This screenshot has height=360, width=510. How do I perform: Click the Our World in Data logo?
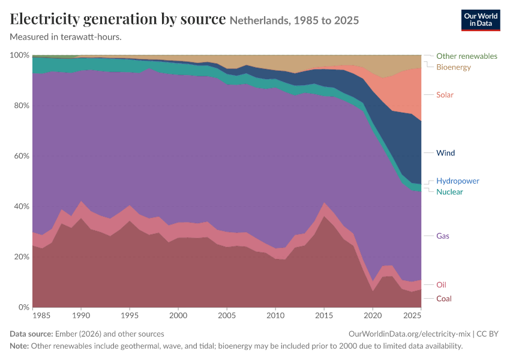coord(481,20)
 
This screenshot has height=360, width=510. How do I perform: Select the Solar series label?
coord(445,95)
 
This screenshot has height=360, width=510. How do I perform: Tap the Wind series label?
coord(445,153)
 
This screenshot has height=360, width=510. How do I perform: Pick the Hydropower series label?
coord(458,181)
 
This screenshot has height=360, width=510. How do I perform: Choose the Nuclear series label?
coord(449,192)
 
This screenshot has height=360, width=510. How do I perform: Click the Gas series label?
coord(443,236)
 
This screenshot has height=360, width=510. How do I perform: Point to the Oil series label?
coord(441,285)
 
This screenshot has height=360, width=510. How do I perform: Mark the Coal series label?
coord(443,299)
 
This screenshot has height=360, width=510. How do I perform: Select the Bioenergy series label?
coord(454,67)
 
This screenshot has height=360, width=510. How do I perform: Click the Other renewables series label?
coord(467,56)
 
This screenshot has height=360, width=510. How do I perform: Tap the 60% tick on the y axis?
coord(22,156)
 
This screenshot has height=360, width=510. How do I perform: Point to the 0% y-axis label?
coord(24,307)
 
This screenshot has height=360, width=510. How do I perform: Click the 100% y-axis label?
coord(20,55)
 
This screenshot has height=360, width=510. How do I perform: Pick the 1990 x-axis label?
coord(81,315)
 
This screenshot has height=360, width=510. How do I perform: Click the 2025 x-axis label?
coord(412,315)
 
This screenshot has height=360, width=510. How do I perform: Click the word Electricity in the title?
coord(44,19)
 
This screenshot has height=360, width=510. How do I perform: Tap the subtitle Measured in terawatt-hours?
coord(66,37)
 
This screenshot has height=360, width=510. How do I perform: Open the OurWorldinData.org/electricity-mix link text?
coord(409,334)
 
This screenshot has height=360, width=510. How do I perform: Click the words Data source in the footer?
coord(31,334)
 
